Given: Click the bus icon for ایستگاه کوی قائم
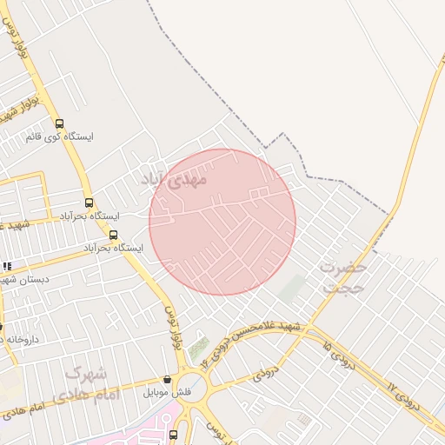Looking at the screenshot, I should click(59, 123).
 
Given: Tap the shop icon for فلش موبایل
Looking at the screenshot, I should click(167, 380).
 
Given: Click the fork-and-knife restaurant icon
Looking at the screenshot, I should click(7, 266).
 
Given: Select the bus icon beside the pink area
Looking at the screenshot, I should click(174, 435).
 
